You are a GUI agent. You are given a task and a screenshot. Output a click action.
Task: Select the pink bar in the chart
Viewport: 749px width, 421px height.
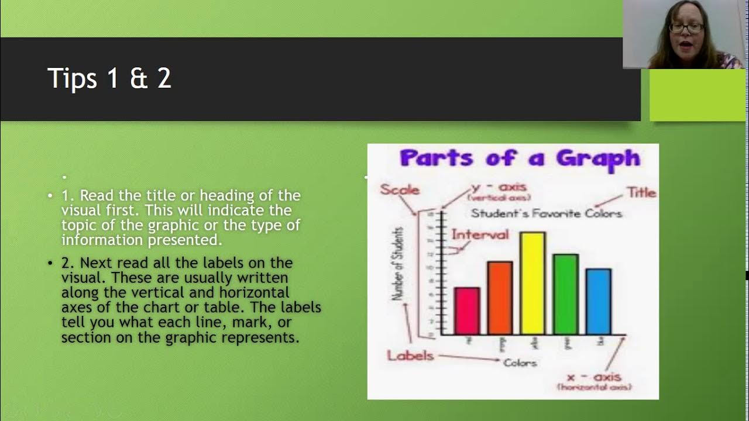tap(467, 311)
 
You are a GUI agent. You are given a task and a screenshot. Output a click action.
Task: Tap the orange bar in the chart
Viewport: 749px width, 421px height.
tap(500, 298)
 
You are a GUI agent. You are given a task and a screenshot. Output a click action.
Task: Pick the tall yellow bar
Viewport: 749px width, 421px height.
tap(532, 284)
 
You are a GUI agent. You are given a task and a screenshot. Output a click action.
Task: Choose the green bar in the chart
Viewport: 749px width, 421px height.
tap(565, 294)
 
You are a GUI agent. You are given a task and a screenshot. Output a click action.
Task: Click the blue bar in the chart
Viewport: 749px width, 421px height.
tap(598, 302)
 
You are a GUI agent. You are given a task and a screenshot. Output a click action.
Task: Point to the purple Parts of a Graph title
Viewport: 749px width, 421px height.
tap(520, 158)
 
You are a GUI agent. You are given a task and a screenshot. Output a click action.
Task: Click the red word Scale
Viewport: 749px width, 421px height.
tap(400, 189)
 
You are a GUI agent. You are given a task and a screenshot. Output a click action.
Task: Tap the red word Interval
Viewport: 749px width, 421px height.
tap(480, 234)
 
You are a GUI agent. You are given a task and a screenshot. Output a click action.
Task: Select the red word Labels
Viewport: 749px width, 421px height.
tap(410, 355)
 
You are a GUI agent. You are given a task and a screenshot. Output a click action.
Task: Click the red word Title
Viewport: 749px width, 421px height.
tap(641, 192)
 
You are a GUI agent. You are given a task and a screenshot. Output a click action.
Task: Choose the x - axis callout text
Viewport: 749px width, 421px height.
tap(594, 377)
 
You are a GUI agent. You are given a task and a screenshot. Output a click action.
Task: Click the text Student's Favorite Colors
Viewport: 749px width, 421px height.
tap(546, 213)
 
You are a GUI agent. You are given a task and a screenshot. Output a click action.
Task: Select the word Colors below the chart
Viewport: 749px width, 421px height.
tap(520, 363)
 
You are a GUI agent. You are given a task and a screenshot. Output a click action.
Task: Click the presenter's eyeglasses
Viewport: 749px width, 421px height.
tap(686, 27)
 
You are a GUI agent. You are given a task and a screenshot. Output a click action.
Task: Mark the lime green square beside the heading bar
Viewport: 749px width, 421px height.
tap(698, 95)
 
